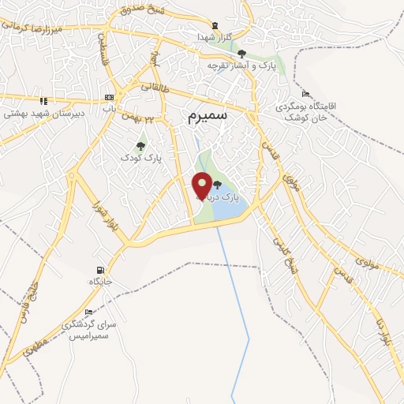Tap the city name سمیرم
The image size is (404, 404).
[208, 117]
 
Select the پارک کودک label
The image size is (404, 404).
[141, 158]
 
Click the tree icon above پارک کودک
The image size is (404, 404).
[140, 145]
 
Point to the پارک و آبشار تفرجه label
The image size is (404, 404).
[241, 65]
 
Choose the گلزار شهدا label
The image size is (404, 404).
[215, 37]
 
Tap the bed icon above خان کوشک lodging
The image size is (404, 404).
[305, 94]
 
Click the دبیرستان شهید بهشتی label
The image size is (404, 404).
[33, 114]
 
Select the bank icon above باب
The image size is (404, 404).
[108, 98]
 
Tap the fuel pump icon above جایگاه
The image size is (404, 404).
[99, 269]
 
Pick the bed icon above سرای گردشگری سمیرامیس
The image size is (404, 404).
[88, 312]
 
